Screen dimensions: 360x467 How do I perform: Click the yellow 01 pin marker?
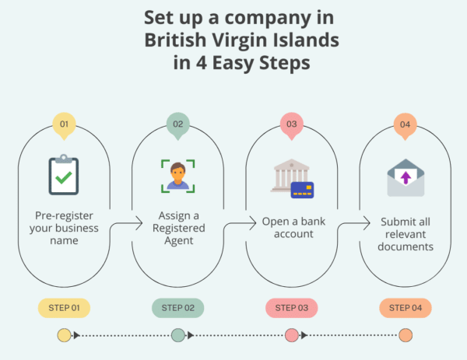point(64,124)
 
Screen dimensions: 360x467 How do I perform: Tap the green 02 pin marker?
point(177,124)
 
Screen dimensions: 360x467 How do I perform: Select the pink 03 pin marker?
point(291,124)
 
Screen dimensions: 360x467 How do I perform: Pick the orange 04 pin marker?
point(405,124)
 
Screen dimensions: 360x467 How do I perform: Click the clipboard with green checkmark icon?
point(64,174)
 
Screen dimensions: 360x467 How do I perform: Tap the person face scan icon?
point(177,175)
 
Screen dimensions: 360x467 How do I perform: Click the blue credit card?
point(301,189)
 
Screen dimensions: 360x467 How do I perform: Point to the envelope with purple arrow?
point(405,177)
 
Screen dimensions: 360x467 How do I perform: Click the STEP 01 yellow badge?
point(64,308)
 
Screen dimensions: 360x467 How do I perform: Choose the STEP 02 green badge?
point(177,308)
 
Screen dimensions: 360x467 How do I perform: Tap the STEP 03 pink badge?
point(291,308)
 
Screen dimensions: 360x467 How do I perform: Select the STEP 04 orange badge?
point(405,308)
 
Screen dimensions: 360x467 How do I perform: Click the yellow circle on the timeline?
point(64,336)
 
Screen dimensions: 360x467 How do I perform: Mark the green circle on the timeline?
point(177,336)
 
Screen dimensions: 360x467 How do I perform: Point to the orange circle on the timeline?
point(405,336)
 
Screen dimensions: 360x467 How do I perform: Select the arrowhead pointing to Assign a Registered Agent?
point(139,222)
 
